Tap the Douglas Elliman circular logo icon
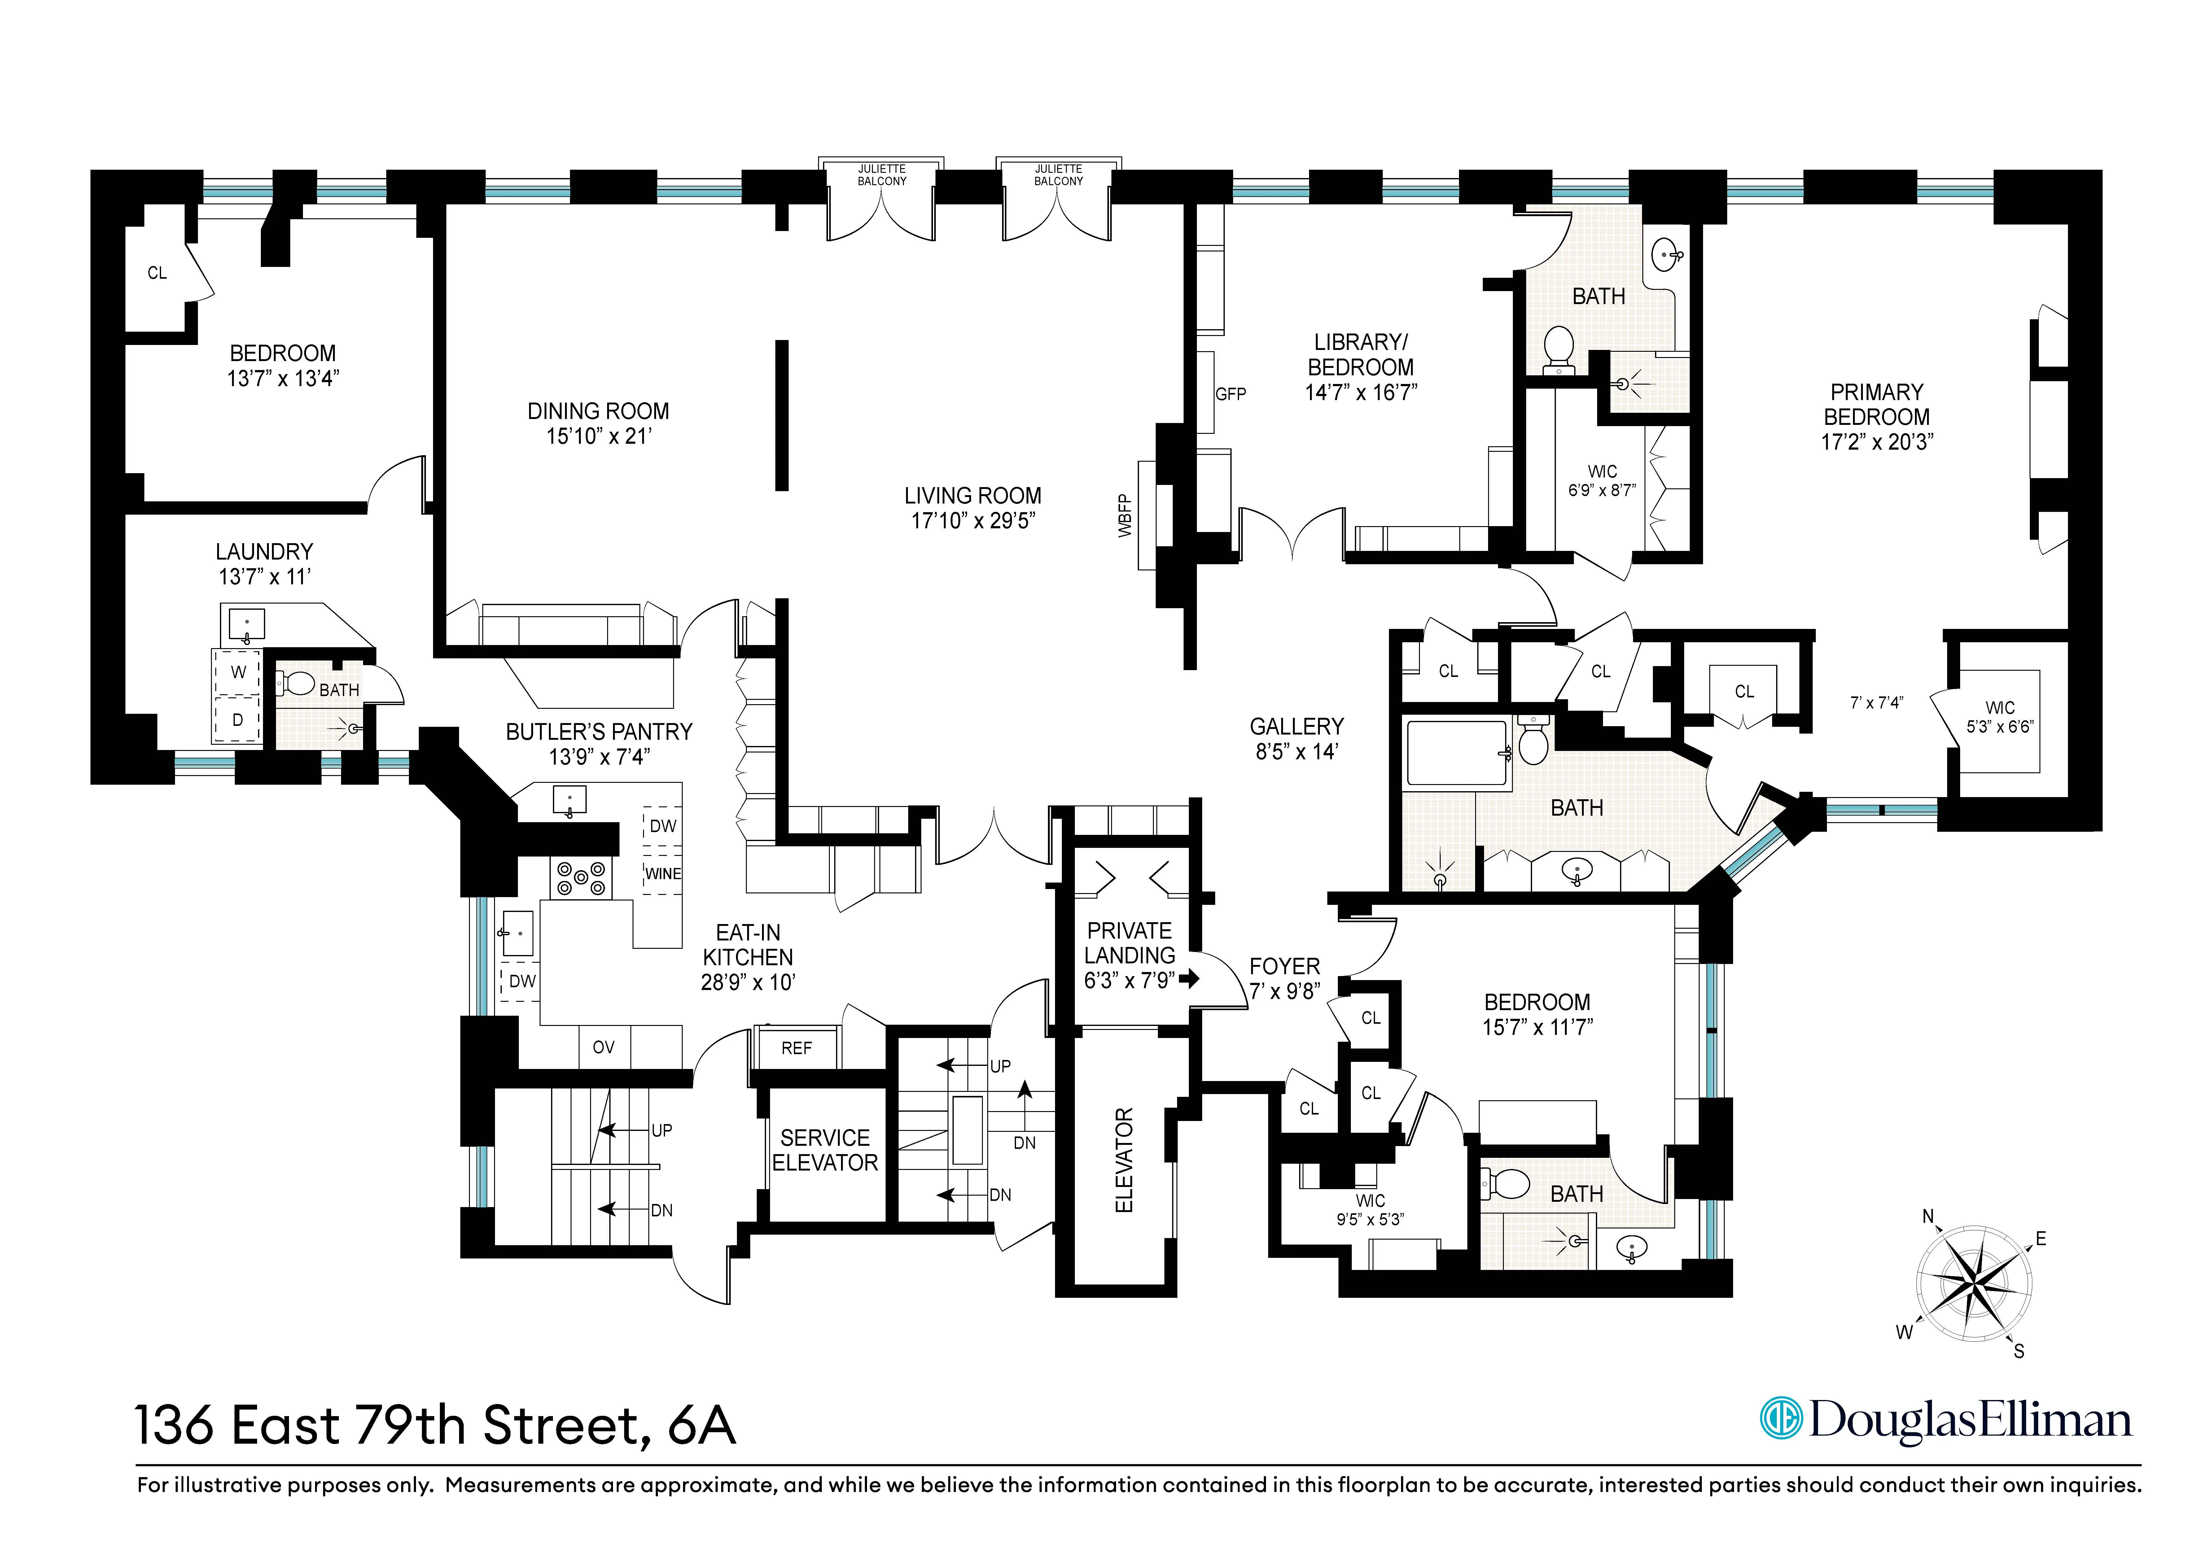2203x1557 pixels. (1781, 1420)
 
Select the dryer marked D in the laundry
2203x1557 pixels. (238, 719)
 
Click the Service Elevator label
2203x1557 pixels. (825, 1150)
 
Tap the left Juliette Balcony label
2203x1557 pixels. (882, 175)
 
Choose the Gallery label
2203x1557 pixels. (1296, 727)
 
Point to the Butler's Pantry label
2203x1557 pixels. (599, 732)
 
